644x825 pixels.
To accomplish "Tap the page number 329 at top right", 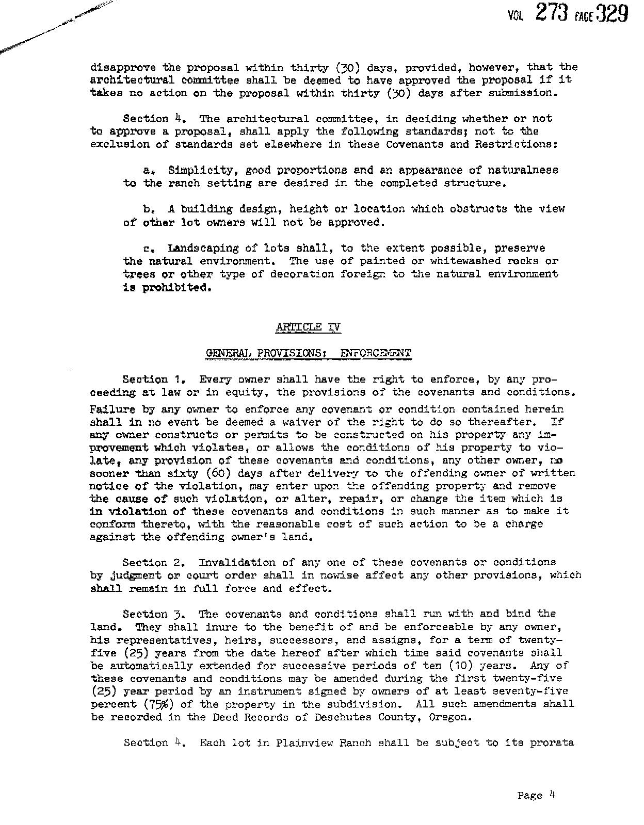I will coord(611,13).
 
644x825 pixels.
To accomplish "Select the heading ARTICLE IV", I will coord(308,327).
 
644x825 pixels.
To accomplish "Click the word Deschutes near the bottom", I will coord(341,717).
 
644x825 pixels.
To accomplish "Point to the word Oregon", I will coord(449,717).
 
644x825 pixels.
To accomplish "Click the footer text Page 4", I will coord(536,795).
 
